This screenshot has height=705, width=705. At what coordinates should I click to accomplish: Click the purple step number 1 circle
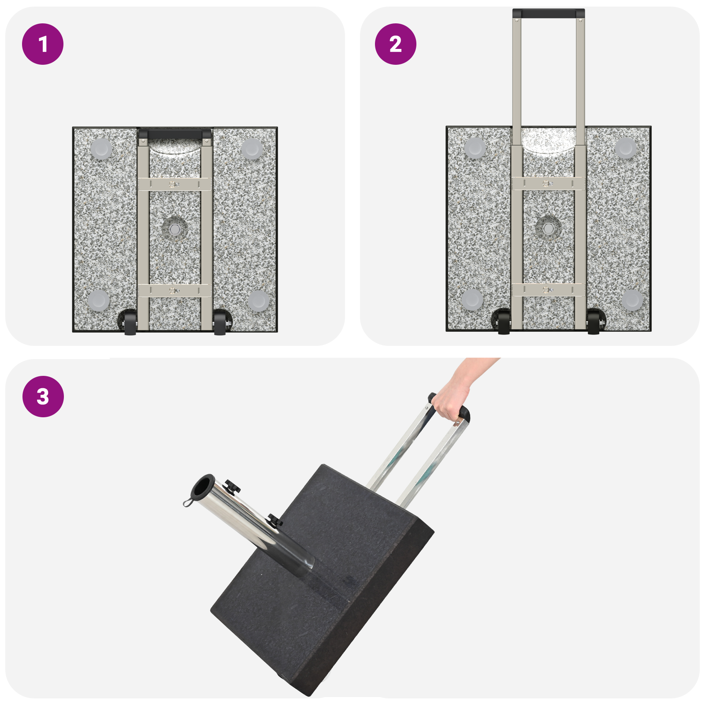pos(43,44)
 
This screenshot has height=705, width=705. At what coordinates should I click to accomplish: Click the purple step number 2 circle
pos(395,44)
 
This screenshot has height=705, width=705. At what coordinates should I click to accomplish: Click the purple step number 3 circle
pos(43,396)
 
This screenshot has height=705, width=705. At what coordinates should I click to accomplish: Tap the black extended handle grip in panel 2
pos(549,13)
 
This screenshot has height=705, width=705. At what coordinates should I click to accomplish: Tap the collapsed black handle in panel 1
pos(175,134)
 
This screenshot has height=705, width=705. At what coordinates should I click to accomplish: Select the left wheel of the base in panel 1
pos(130,323)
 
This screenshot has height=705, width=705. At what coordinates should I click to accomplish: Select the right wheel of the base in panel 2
pos(594,322)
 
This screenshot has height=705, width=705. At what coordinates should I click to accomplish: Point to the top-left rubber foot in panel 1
pos(101,148)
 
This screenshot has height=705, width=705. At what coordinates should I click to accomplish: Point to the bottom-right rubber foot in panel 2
pos(632,300)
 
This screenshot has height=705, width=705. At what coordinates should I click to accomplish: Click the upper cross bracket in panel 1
pos(175,184)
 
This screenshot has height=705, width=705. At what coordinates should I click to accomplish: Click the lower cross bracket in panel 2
pos(549,289)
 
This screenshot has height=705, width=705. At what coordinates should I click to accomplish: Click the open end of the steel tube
pos(203,487)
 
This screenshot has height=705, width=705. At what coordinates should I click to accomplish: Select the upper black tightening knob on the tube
pos(232,487)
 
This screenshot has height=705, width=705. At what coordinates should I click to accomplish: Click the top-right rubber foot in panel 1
pos(252,148)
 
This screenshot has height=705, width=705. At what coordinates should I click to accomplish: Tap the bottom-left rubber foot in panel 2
pos(472,300)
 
